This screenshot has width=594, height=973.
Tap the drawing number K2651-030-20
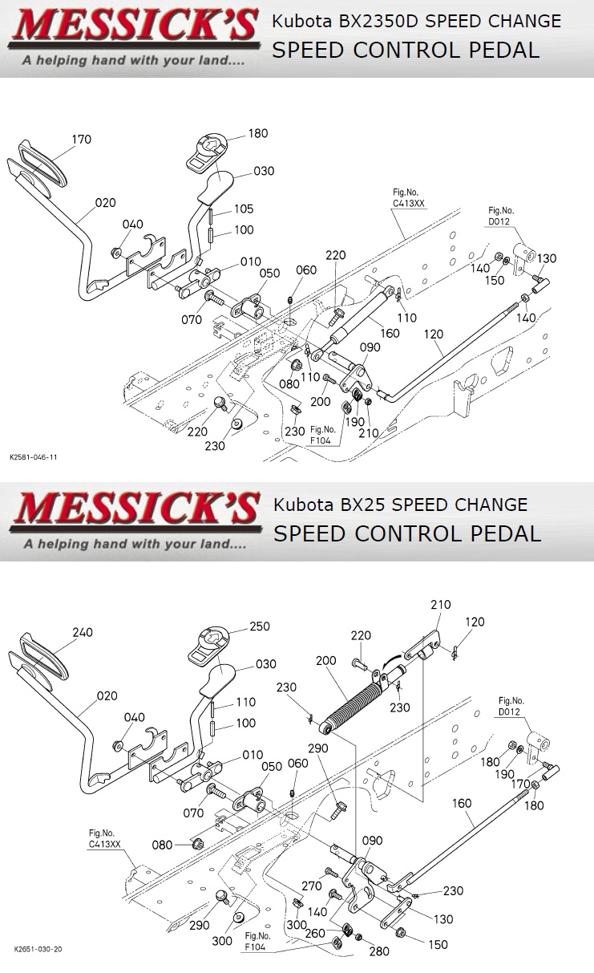[x=38, y=949]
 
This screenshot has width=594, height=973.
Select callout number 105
[x=244, y=209]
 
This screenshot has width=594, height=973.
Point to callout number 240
[x=83, y=632]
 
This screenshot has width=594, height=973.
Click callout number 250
[x=260, y=626]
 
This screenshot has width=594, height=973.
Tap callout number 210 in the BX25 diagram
[x=441, y=605]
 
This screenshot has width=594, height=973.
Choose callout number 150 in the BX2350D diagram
[x=495, y=281]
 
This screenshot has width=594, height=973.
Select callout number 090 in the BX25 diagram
[x=372, y=841]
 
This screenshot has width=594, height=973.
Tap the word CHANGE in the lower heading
[x=494, y=505]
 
